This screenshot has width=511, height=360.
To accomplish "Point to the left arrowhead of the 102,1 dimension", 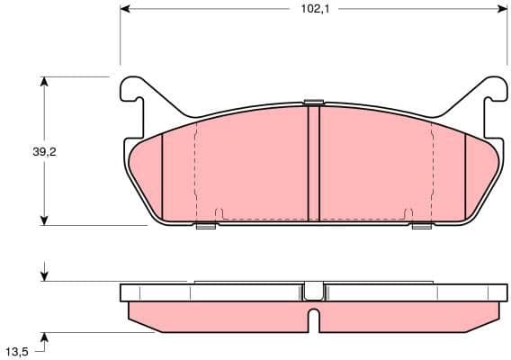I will [125, 9].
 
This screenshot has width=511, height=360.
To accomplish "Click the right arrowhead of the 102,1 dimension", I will [500, 9].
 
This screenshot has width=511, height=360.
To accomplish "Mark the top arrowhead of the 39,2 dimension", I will [43, 82].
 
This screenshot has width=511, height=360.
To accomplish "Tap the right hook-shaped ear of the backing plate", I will [494, 91].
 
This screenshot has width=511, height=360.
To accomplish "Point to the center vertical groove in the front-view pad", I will [313, 162].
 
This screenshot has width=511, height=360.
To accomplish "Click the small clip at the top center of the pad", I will [313, 102].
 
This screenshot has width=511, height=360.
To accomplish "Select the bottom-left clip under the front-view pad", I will [205, 225].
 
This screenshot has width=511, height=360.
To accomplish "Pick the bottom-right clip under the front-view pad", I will [421, 225].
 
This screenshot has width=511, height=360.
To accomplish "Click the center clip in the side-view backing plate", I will [313, 291].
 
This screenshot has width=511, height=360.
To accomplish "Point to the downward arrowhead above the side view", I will [43, 275].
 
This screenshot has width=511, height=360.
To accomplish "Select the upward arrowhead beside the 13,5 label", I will [43, 337].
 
